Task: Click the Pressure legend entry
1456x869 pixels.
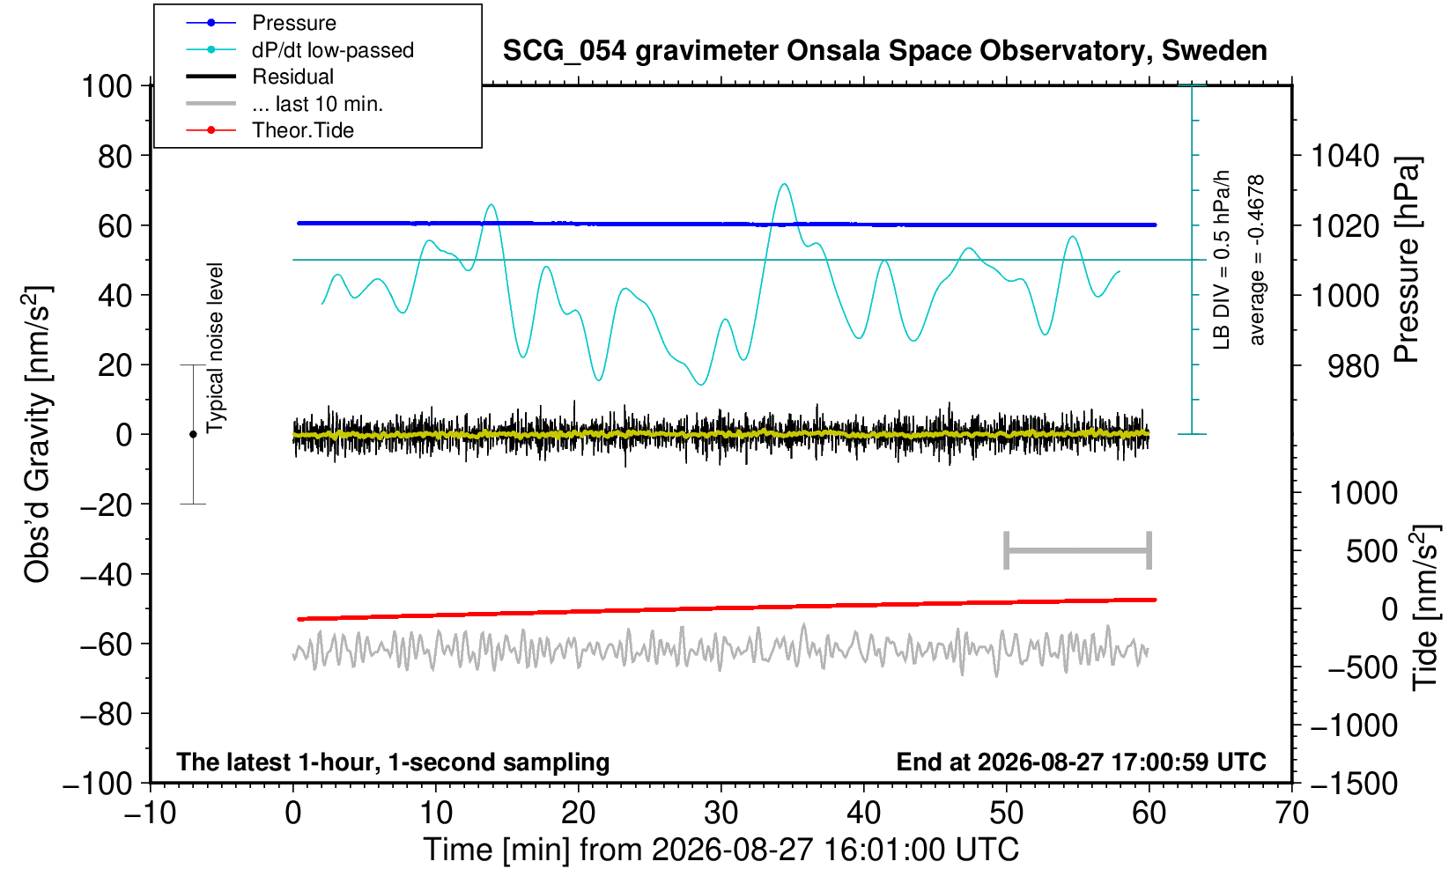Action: (x=262, y=24)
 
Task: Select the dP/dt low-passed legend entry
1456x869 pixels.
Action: (x=299, y=50)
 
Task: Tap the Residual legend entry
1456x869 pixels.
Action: (x=260, y=77)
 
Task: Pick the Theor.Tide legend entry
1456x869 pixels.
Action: (x=270, y=130)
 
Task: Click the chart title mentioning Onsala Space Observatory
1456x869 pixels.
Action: (x=884, y=51)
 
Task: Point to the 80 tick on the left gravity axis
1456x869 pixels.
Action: (x=115, y=157)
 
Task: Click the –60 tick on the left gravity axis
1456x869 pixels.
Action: (x=107, y=644)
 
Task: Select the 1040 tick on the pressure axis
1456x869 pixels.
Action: (x=1345, y=157)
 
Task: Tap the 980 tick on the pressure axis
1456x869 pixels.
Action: (x=1353, y=366)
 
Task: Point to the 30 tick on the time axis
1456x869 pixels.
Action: (x=721, y=813)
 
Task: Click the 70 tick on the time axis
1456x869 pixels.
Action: (x=1291, y=813)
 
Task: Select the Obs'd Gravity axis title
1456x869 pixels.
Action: (x=36, y=434)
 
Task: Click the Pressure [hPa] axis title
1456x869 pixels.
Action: (x=1407, y=260)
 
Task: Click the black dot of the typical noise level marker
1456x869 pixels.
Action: (x=193, y=434)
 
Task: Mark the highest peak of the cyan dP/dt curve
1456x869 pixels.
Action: (x=785, y=184)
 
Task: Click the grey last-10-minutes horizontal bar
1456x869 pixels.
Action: (x=1078, y=550)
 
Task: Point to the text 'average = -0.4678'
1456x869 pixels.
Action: (x=1257, y=260)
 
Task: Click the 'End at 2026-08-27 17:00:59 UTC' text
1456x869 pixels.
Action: (x=1081, y=762)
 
